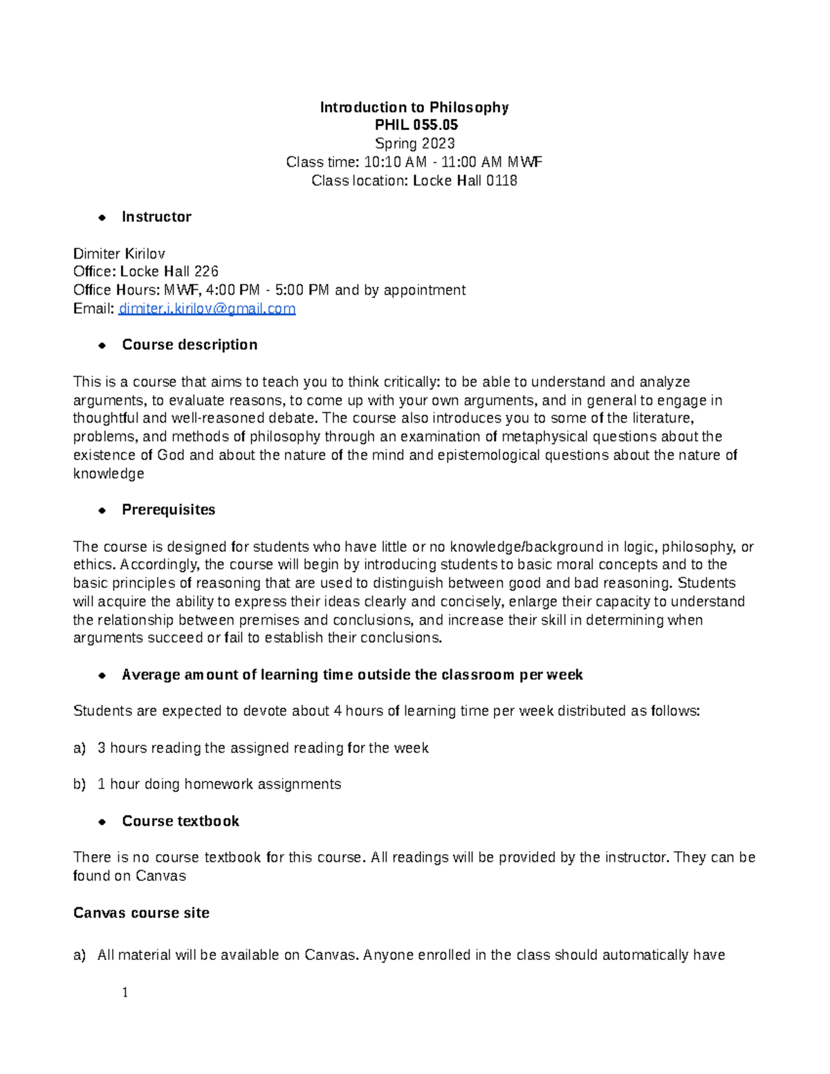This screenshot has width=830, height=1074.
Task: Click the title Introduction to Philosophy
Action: pyautogui.click(x=414, y=107)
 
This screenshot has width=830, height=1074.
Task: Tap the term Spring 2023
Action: pyautogui.click(x=414, y=144)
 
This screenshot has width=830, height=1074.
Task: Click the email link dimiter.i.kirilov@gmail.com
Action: pyautogui.click(x=207, y=308)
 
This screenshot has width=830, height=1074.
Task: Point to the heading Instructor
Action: pyautogui.click(x=156, y=217)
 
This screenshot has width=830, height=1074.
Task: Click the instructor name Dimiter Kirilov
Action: pyautogui.click(x=119, y=254)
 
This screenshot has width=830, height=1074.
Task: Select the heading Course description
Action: pyautogui.click(x=190, y=345)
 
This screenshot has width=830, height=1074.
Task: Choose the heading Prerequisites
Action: pyautogui.click(x=168, y=510)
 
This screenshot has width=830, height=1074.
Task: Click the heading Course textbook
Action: pyautogui.click(x=181, y=822)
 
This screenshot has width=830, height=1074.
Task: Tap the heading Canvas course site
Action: pyautogui.click(x=141, y=913)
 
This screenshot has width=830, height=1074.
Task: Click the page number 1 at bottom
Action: pyautogui.click(x=125, y=993)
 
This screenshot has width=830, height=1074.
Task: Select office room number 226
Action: pyautogui.click(x=206, y=272)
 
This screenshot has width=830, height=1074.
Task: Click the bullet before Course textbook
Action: pyautogui.click(x=102, y=822)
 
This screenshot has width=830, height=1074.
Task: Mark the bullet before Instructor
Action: pyautogui.click(x=102, y=218)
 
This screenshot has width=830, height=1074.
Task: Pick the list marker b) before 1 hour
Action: pyautogui.click(x=80, y=784)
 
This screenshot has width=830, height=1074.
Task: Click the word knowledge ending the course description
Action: pyautogui.click(x=109, y=474)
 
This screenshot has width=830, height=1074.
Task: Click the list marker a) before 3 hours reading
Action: pyautogui.click(x=80, y=748)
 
